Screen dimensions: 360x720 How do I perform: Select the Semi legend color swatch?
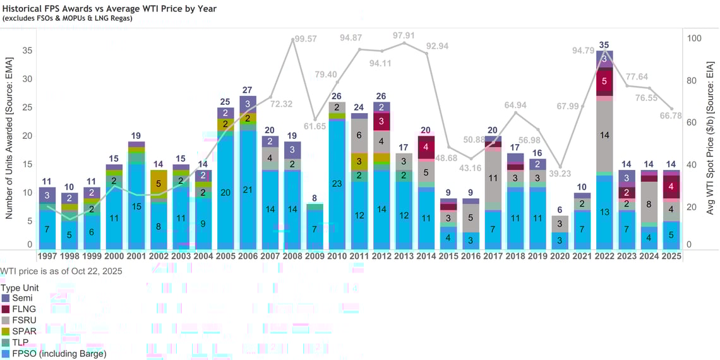tap(6, 297)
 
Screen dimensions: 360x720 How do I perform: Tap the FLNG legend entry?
tap(19, 309)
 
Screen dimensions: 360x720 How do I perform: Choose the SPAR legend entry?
tap(19, 331)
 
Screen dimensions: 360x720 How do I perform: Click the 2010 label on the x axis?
tap(337, 256)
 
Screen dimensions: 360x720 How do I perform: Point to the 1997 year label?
tap(47, 256)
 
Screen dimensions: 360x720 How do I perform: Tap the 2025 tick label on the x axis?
tap(671, 256)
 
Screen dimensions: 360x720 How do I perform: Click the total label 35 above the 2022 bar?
tap(604, 45)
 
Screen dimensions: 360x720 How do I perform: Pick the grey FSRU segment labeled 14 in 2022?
tap(604, 135)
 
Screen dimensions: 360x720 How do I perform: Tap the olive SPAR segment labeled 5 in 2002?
tap(159, 184)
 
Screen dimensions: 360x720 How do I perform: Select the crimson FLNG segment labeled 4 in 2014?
tap(426, 147)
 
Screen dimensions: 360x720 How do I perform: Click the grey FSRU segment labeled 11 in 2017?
tap(493, 179)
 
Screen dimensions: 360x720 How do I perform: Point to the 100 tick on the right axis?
tap(693, 38)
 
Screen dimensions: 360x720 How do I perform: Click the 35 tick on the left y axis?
tap(28, 51)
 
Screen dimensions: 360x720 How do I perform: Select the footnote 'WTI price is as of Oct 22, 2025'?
tap(61, 271)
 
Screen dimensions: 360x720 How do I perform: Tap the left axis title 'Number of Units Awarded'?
tap(9, 136)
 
